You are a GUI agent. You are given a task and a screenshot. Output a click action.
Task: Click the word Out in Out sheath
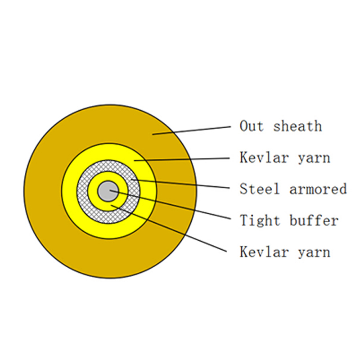pos(252,126)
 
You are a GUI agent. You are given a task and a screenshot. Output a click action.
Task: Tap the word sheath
pos(297,126)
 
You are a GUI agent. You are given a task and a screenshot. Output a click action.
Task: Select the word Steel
pos(260,189)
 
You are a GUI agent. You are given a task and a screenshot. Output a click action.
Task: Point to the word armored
pos(318,189)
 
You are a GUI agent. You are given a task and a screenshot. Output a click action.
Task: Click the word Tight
pos(260,220)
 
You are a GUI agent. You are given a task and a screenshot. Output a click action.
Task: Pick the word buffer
pos(314,220)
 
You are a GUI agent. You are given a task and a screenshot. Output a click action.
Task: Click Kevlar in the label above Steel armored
pos(264,157)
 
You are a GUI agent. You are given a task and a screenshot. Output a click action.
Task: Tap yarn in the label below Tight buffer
pos(314,252)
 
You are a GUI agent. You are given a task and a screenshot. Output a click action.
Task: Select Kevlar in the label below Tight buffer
pos(264,252)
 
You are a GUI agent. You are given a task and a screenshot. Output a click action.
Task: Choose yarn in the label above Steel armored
pos(314,158)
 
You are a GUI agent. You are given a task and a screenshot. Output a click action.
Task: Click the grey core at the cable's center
pos(108,191)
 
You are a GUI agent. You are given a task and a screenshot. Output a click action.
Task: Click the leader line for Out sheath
pos(192,130)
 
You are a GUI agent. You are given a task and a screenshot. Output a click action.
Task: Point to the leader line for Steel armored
pos(180,184)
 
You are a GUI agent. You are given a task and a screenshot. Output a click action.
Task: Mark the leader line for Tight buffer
pos(171,204)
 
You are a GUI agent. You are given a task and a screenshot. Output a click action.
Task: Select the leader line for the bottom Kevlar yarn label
pos(169,229)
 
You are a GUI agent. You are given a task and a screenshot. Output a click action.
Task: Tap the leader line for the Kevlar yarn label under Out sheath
pos(182,159)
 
